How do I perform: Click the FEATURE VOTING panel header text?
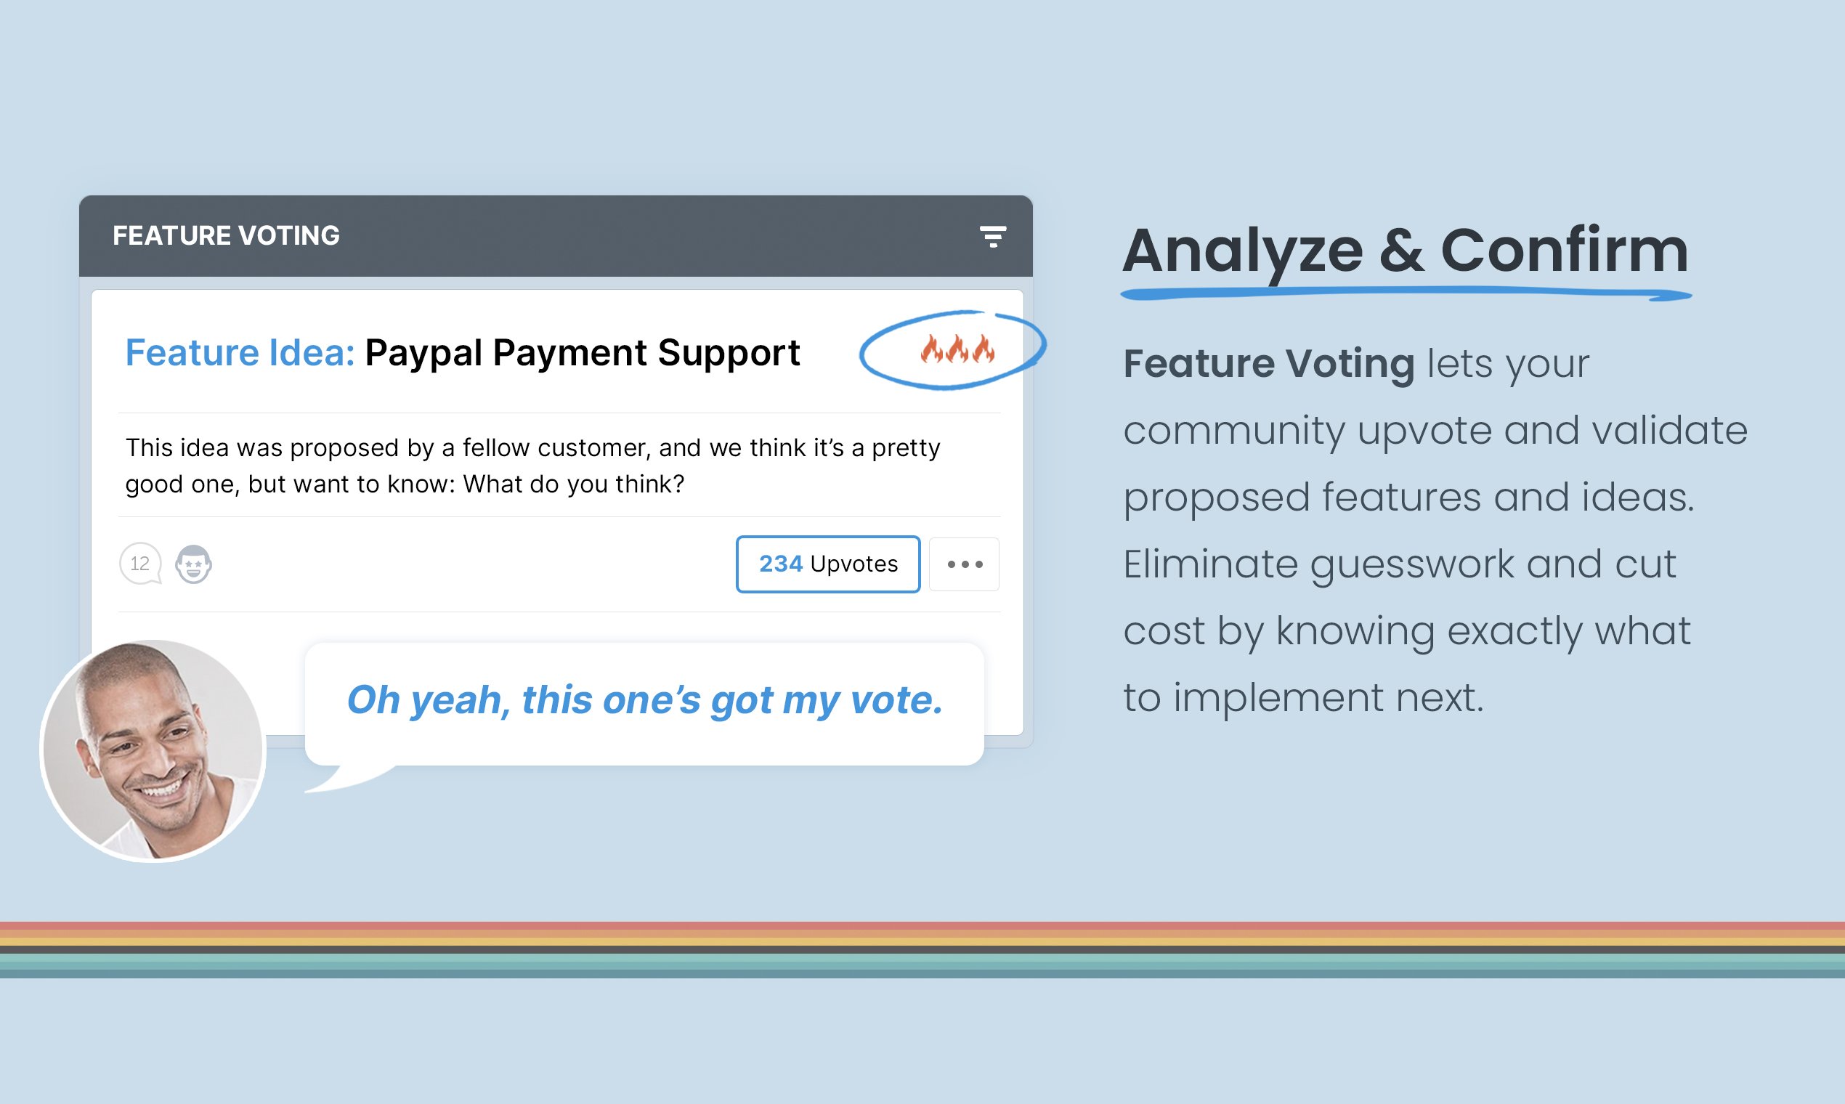click(x=226, y=236)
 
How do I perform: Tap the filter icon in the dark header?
click(x=992, y=237)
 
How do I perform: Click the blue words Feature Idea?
click(x=240, y=352)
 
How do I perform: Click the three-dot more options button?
click(x=964, y=564)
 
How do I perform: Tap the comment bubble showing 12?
click(x=140, y=564)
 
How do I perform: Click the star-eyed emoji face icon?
click(x=193, y=564)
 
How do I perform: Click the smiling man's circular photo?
click(x=153, y=750)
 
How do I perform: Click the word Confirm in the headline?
click(x=1564, y=251)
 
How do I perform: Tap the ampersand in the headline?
click(x=1402, y=251)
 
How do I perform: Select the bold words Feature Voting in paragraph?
click(x=1268, y=364)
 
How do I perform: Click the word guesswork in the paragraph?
click(x=1411, y=564)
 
